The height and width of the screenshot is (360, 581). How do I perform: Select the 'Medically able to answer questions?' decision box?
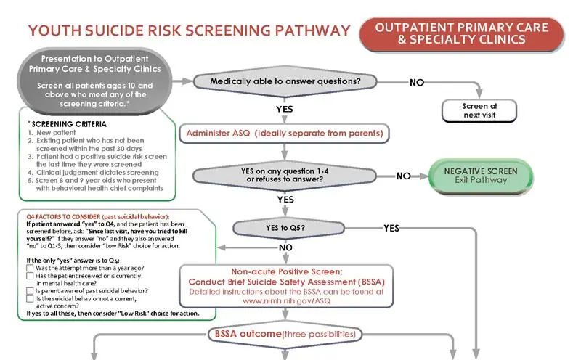(x=285, y=82)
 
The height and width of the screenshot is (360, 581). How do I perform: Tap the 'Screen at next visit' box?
(x=479, y=110)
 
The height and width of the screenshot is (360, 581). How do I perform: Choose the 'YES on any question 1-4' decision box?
(x=285, y=175)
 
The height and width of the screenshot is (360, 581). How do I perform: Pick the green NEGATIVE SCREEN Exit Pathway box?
(x=480, y=175)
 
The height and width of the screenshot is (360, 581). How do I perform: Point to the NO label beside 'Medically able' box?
(x=417, y=82)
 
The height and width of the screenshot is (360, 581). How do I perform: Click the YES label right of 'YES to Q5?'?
(x=391, y=228)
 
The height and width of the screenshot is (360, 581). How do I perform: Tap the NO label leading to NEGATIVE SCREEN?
(x=404, y=176)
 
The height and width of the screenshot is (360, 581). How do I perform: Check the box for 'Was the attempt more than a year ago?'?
(x=30, y=268)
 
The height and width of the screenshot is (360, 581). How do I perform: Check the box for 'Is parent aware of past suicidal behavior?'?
(x=30, y=290)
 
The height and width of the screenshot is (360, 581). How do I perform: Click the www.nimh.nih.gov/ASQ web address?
(x=286, y=300)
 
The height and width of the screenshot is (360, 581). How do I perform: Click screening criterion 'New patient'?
(x=51, y=133)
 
